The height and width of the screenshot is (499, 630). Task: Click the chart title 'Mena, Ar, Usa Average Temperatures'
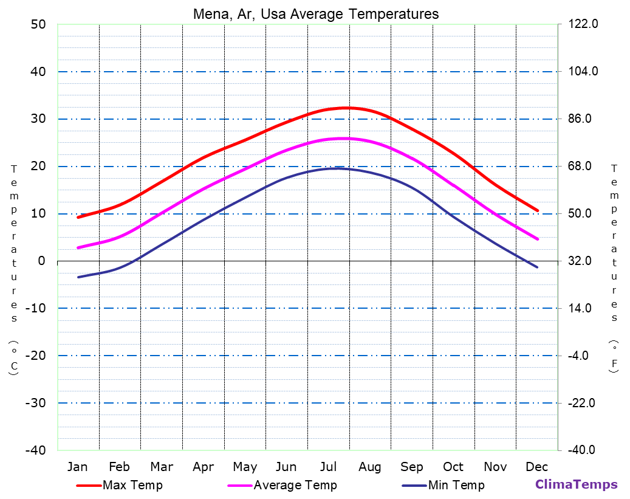pos(316,14)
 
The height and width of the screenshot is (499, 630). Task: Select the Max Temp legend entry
pos(132,485)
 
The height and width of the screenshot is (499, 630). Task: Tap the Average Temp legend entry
pos(295,485)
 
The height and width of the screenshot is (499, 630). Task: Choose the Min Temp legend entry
pos(456,485)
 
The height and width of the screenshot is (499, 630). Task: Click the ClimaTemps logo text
pos(576,484)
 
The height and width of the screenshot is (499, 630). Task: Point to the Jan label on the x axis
pos(77,467)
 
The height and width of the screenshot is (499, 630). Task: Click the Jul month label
pos(328,467)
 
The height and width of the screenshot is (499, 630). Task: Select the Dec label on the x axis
pos(537,467)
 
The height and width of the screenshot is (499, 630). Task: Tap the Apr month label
pos(203,467)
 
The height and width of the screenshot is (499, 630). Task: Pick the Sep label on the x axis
pos(411,467)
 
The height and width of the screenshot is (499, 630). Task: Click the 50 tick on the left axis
pos(38,24)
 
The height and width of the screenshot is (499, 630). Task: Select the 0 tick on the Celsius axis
pos(41,261)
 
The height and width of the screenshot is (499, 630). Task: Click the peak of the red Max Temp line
pos(345,108)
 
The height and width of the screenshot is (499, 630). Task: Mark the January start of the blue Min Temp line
pos(78,277)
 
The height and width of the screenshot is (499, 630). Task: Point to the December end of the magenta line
pos(538,239)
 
